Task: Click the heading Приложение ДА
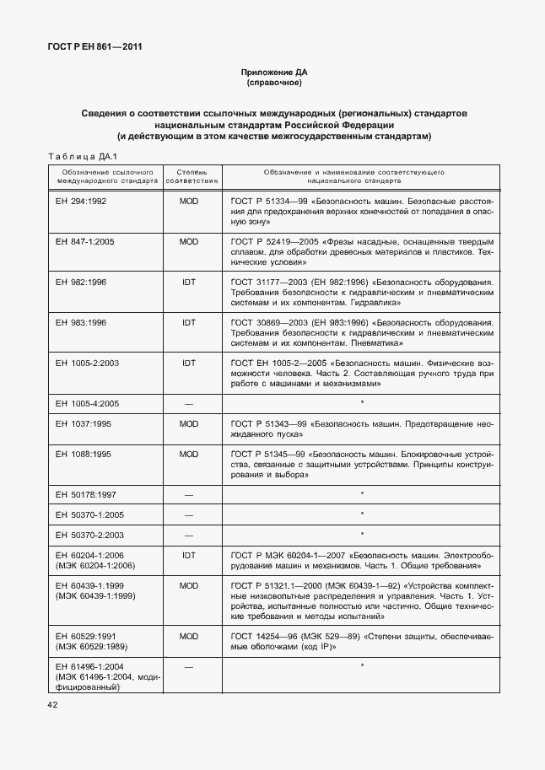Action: click(273, 73)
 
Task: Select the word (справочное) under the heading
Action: click(273, 83)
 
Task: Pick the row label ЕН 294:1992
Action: click(80, 202)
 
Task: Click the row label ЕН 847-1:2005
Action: click(85, 242)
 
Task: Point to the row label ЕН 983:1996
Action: click(80, 322)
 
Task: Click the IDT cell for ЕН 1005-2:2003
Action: click(189, 362)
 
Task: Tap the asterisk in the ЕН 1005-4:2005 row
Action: click(362, 403)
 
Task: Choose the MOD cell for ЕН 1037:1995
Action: click(189, 423)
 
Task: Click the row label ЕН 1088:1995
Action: click(83, 454)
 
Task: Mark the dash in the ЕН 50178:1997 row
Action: click(189, 493)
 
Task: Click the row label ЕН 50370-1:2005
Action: click(88, 514)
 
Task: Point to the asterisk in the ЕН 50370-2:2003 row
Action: click(362, 534)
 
